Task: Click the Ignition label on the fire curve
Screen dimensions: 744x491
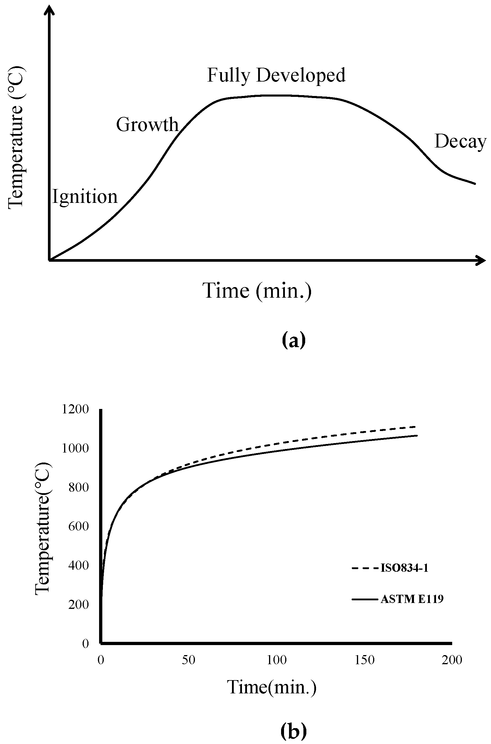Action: (x=85, y=197)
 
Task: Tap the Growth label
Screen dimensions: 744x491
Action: (x=147, y=125)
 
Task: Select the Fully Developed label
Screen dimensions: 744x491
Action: (x=276, y=75)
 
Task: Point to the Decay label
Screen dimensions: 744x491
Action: (x=460, y=141)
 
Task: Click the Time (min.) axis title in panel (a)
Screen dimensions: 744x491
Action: (x=257, y=291)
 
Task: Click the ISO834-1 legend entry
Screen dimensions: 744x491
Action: (x=404, y=568)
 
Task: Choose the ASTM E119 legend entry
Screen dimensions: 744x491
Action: (x=412, y=599)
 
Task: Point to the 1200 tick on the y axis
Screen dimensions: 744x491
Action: (x=76, y=409)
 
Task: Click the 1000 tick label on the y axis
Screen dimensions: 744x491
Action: (x=76, y=448)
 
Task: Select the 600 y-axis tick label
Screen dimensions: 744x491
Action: (x=78, y=526)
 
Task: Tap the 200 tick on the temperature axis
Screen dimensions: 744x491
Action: (x=78, y=604)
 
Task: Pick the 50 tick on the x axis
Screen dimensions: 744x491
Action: (x=188, y=660)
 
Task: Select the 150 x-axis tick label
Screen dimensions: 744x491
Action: (x=365, y=660)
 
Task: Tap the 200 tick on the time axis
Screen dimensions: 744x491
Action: (x=452, y=660)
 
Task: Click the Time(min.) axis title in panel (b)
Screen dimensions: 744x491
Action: (x=271, y=687)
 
